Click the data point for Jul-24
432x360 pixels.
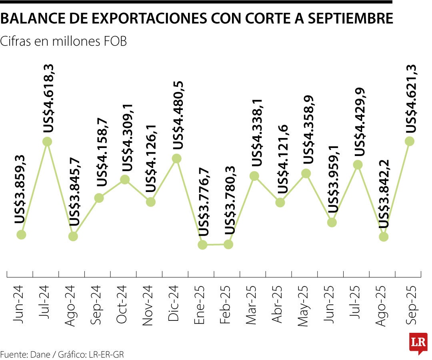[x=47, y=142]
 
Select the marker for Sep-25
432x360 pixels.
[x=409, y=141]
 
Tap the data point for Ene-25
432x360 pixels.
[x=202, y=245]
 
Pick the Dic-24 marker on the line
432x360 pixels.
[x=176, y=159]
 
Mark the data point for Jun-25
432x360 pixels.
[x=332, y=222]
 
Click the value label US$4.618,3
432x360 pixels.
[x=49, y=98]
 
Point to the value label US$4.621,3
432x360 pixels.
[x=411, y=98]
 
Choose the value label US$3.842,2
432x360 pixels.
[x=385, y=194]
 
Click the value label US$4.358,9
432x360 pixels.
[x=308, y=131]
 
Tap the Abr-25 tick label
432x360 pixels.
[x=278, y=304]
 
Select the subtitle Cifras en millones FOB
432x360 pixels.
[x=64, y=41]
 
